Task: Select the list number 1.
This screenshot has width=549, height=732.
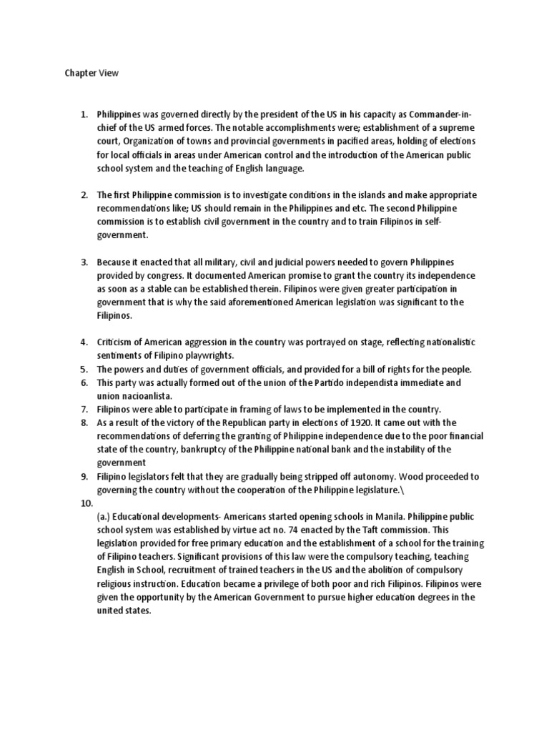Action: pos(83,114)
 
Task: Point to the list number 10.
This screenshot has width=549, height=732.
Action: pos(85,503)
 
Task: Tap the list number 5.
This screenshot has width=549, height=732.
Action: pos(83,369)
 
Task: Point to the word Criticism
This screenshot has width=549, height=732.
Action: pos(119,342)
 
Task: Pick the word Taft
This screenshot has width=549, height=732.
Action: pos(390,530)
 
